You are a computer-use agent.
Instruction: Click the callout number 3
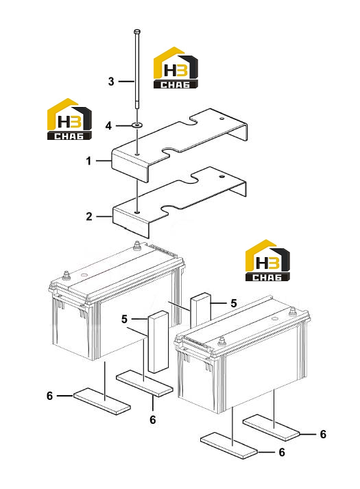click(x=111, y=82)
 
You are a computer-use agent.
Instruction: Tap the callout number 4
click(x=108, y=126)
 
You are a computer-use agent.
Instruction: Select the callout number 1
click(x=89, y=161)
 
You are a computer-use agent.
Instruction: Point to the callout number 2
click(x=89, y=216)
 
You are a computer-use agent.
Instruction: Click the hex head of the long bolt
click(x=136, y=32)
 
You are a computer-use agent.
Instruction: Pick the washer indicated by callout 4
click(x=137, y=126)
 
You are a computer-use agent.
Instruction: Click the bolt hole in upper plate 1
click(x=137, y=154)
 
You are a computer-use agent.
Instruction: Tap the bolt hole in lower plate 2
click(x=137, y=212)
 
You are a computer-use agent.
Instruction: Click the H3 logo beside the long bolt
click(x=176, y=68)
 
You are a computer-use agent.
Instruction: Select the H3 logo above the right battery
click(x=267, y=261)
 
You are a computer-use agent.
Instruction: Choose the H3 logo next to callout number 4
click(x=69, y=119)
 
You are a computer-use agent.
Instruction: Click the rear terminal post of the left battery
click(x=136, y=246)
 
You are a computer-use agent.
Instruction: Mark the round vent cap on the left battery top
click(x=84, y=275)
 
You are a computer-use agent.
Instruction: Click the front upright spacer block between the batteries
click(x=158, y=342)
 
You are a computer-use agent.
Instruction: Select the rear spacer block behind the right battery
click(x=200, y=309)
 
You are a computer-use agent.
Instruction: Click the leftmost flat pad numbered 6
click(x=102, y=401)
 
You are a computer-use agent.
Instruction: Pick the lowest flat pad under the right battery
click(x=229, y=445)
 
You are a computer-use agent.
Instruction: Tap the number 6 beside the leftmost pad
click(x=49, y=396)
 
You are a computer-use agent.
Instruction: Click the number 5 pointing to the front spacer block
click(x=124, y=320)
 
